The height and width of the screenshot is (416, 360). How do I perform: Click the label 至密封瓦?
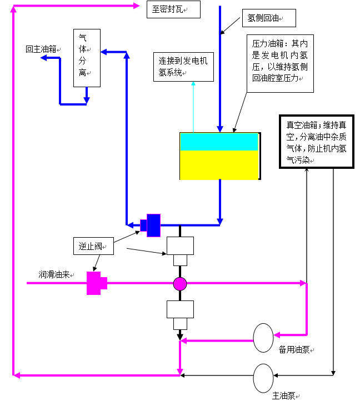173,9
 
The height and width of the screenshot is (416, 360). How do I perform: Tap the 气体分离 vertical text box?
87,58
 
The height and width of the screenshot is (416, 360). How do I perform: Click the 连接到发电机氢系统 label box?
183,67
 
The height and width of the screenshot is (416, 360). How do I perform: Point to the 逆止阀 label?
93,246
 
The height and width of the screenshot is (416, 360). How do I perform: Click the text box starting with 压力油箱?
279,63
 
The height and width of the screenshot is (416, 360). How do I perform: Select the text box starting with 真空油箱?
316,142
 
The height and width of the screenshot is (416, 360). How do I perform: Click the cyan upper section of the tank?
219,142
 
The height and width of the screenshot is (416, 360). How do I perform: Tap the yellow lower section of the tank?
219,166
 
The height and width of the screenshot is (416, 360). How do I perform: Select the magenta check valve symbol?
95,283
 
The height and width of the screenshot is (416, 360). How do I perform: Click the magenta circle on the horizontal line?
180,284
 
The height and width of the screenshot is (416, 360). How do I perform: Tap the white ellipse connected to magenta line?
263,338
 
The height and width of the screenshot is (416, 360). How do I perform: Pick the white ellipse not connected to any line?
263,378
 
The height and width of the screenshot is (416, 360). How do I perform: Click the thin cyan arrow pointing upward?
193,84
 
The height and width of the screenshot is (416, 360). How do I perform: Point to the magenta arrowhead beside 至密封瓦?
137,6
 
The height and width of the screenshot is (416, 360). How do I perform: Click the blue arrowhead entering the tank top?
220,129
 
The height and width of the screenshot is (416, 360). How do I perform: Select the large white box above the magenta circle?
181,245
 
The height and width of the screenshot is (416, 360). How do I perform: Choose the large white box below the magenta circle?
181,309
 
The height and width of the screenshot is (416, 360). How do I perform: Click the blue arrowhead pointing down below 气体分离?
87,101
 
